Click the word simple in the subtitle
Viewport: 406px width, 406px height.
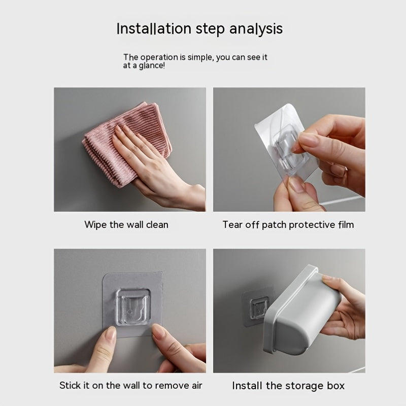[x=197, y=57]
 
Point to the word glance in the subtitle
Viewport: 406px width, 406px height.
[x=150, y=66]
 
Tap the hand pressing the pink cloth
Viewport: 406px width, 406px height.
[x=152, y=162]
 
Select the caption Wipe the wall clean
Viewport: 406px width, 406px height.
[x=126, y=224]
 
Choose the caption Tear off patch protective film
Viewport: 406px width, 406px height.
[x=288, y=224]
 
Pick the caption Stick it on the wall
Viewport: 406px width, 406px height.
[x=130, y=386]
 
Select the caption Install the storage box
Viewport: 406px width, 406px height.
[x=288, y=386]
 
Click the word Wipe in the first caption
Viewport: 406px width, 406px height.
[x=95, y=224]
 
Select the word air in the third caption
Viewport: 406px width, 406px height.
[x=195, y=386]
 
